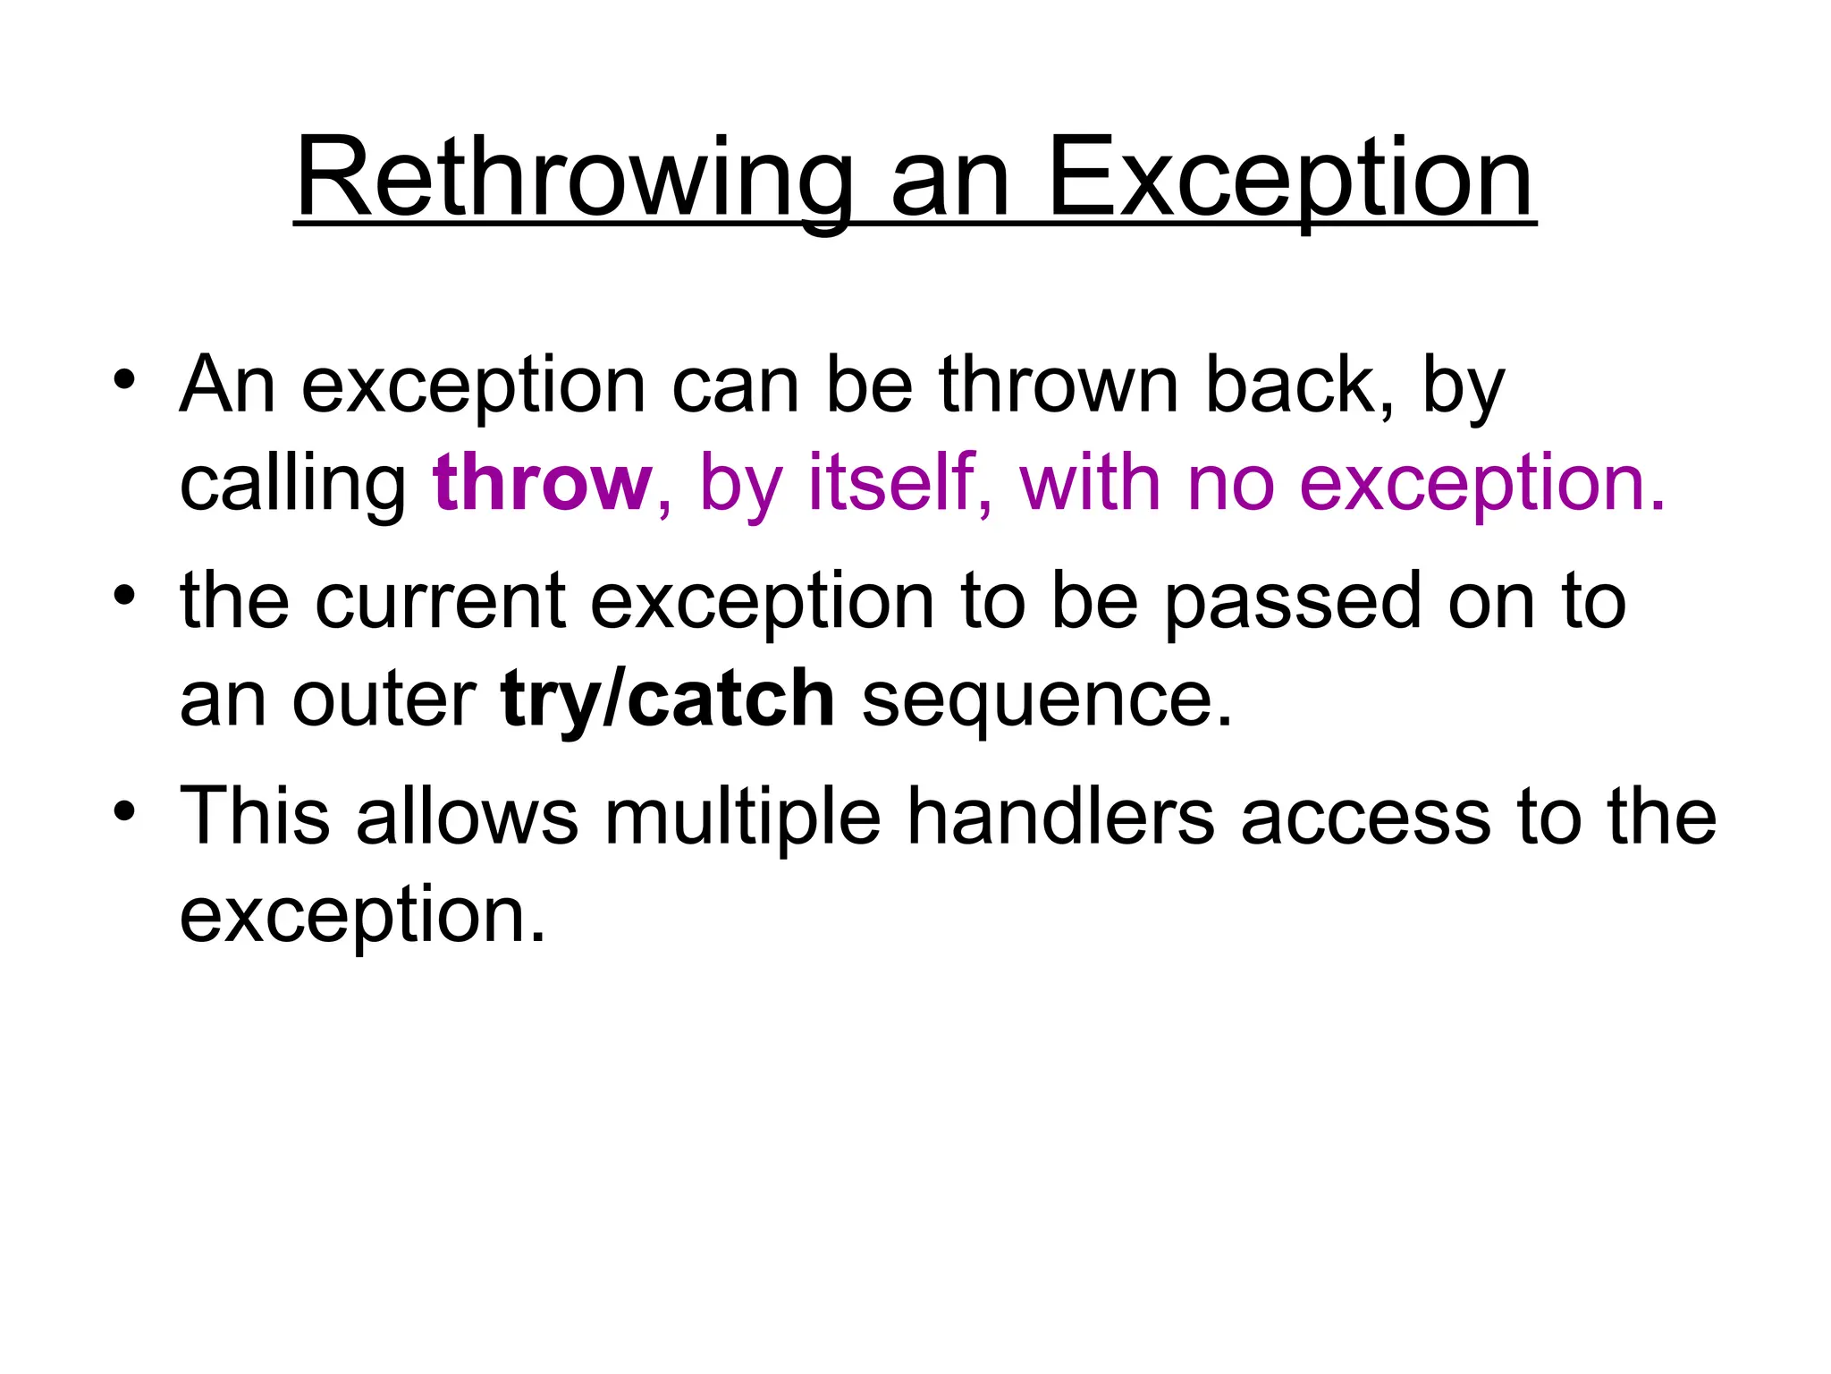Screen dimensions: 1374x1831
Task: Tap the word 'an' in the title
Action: [949, 183]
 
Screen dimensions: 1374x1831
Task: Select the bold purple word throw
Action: [542, 483]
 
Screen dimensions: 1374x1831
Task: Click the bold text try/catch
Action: [667, 699]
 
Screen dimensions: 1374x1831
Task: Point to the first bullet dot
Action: [124, 379]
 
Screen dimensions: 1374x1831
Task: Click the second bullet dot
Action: [124, 595]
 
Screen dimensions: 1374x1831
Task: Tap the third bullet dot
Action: [124, 811]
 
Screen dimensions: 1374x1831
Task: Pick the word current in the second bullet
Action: [440, 602]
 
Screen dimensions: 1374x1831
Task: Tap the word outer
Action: [384, 700]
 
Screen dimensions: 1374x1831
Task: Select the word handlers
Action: [1060, 816]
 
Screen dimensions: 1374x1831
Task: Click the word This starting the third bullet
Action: [254, 816]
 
